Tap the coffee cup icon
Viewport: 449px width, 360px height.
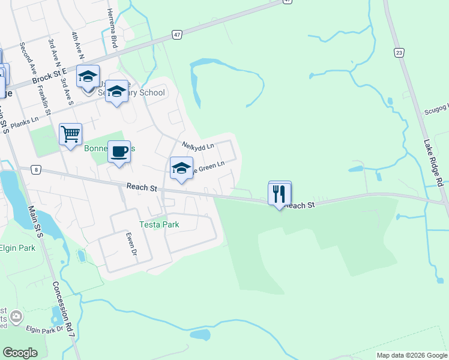click(119, 151)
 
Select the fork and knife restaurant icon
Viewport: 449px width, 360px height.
click(280, 193)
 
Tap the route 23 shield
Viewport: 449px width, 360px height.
click(399, 52)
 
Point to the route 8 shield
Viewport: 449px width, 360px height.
click(37, 170)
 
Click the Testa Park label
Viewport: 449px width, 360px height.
click(159, 224)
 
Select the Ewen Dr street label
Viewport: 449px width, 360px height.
click(131, 244)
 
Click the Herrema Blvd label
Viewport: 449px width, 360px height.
click(112, 28)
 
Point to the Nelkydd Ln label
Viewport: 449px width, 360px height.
click(199, 145)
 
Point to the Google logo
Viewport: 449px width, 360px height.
click(20, 353)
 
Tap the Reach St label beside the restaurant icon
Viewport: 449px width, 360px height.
click(300, 206)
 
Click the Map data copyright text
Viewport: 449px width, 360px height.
click(412, 355)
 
